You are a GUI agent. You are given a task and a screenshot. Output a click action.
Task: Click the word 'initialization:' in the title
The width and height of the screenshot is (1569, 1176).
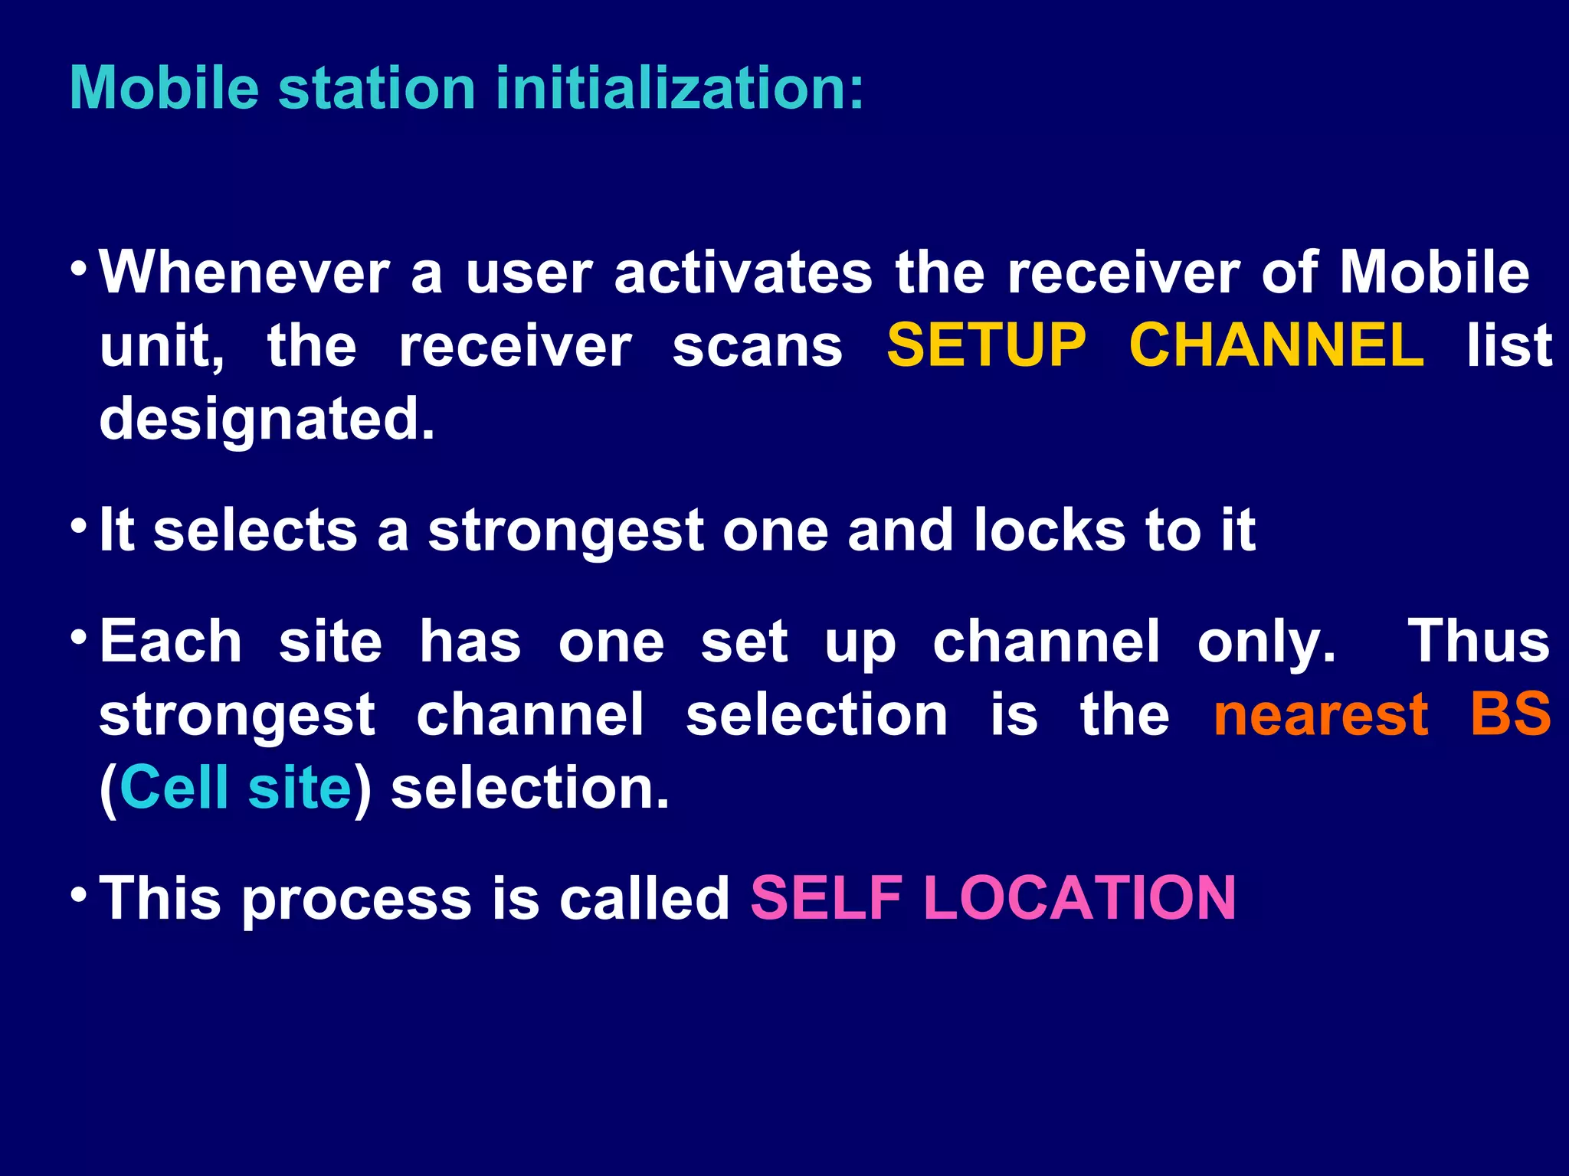coord(680,88)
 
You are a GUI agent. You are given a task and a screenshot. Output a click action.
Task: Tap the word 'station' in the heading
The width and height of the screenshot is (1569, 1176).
coord(377,88)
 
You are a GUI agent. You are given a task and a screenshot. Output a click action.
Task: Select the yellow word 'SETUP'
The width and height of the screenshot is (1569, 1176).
coord(987,345)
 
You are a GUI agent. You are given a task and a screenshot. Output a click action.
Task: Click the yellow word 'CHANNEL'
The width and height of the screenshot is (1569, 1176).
coord(1276,345)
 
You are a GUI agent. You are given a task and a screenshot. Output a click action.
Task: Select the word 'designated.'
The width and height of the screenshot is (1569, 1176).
coord(267,419)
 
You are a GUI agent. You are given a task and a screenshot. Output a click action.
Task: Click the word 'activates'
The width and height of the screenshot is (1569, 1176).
coord(743,273)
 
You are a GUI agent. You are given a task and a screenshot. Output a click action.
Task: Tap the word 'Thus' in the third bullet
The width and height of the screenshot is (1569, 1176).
coord(1479,641)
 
